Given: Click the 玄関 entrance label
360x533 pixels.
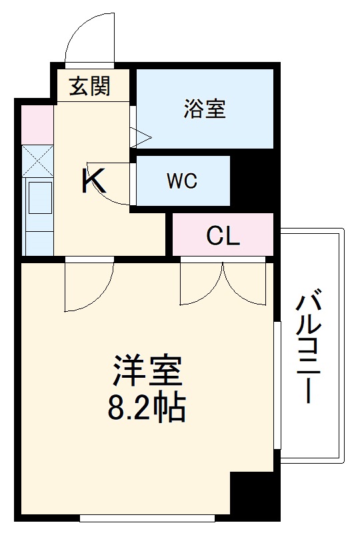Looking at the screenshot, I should point(89,86).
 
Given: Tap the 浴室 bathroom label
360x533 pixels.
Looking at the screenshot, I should point(205,109).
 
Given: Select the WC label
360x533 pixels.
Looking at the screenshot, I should point(182,181).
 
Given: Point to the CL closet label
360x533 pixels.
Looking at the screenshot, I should point(223,236).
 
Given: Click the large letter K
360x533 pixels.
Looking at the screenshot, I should point(93,181).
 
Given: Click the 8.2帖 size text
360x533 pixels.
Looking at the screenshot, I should point(147,408).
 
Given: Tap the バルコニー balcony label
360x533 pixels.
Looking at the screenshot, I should point(311,346).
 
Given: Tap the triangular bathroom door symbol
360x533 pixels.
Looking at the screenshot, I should point(141,137).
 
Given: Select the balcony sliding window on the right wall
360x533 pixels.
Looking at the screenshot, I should point(275,386).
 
